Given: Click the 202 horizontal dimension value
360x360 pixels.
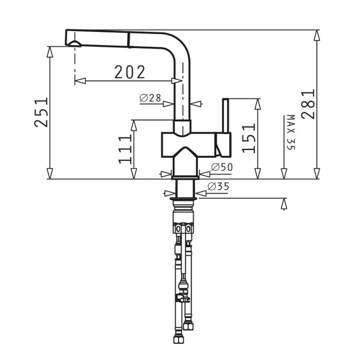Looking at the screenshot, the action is click(130, 72).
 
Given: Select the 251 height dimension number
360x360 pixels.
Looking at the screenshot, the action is click(41, 112).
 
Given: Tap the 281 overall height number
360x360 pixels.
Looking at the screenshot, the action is click(308, 104).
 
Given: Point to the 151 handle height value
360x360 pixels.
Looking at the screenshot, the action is click(249, 138).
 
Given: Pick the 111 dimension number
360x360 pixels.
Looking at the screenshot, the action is click(125, 149).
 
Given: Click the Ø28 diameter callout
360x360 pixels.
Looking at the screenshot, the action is click(150, 98).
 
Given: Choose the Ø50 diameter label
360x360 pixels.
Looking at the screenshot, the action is click(222, 167).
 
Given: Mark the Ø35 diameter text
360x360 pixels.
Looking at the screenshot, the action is click(218, 187).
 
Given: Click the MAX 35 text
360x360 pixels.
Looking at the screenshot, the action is click(291, 132).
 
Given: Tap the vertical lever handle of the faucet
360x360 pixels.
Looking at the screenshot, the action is click(226, 115).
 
